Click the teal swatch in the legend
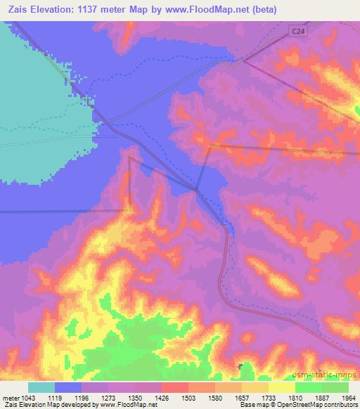click(x=41, y=387)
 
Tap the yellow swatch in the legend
click(x=282, y=387)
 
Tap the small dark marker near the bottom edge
click(x=241, y=367)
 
